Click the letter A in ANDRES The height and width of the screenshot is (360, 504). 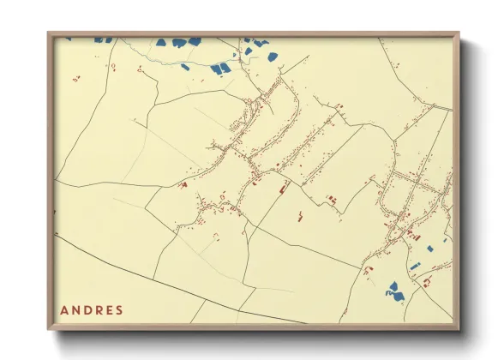pos(65,310)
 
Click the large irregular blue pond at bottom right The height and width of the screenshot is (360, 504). pos(395,291)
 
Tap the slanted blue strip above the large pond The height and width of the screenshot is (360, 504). pos(416,265)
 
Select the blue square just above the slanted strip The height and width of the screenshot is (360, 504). pos(430,249)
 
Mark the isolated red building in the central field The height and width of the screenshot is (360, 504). pos(302,217)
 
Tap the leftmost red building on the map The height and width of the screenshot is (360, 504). pos(75,78)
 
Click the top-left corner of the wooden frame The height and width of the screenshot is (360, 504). pos(50,34)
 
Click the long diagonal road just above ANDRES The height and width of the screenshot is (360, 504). pos(171,281)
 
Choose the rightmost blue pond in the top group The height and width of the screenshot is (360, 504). pos(273,57)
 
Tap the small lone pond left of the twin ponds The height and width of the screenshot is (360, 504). pos(185,66)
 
